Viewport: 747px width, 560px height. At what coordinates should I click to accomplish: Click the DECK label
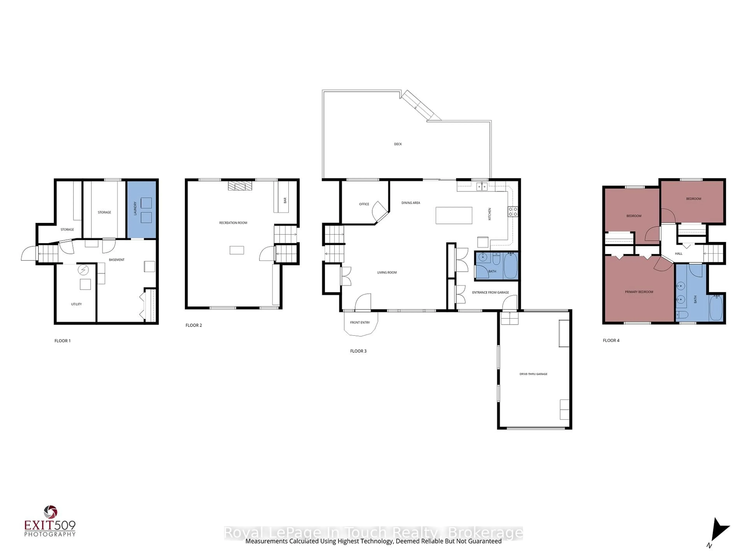(398, 144)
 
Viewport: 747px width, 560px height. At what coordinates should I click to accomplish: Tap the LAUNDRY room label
(135, 208)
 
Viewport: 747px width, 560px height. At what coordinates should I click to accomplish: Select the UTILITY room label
(76, 304)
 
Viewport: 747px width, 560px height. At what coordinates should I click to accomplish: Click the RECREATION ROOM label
(233, 223)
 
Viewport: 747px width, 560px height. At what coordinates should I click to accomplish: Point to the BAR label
(285, 200)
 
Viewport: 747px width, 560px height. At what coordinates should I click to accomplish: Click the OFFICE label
(364, 204)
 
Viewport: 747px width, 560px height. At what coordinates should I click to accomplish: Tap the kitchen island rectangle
(453, 215)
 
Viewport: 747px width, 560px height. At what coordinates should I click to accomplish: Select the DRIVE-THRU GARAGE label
(533, 374)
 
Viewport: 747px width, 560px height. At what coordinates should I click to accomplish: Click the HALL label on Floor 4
(679, 254)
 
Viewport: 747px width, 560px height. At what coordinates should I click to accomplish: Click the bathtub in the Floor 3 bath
(510, 266)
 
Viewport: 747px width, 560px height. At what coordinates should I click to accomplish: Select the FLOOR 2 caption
(194, 325)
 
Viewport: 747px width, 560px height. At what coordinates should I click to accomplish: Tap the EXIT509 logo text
(50, 526)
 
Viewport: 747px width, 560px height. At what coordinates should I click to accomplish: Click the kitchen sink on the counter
(482, 186)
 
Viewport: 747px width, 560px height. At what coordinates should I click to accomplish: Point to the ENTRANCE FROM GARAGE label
(490, 292)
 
